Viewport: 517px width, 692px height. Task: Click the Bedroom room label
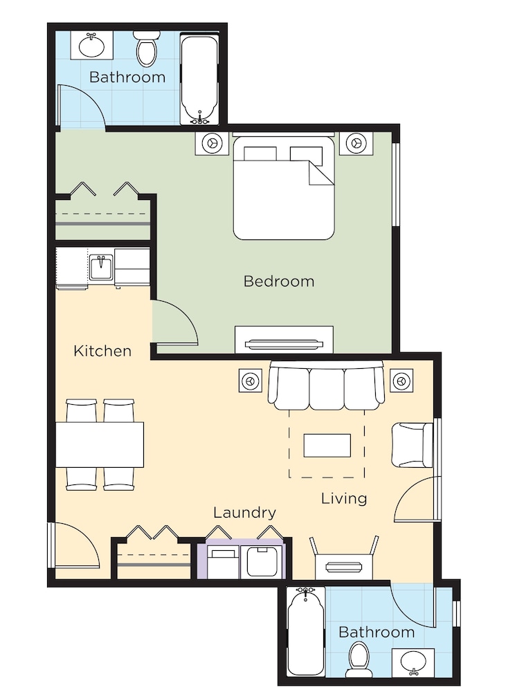point(279,282)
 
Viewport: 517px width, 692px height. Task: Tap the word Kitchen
point(102,351)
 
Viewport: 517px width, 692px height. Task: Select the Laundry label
point(244,513)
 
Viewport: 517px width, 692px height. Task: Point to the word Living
point(344,498)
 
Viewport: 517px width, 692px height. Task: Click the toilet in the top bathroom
point(146,50)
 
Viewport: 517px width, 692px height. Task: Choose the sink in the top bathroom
point(91,46)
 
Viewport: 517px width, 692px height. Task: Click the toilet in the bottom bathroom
point(359,657)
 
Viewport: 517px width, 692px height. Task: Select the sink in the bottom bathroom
point(413,661)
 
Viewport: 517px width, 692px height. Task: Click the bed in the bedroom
point(284,189)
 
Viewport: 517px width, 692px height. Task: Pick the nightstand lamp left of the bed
point(212,143)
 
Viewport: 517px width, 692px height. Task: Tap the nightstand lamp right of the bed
point(357,143)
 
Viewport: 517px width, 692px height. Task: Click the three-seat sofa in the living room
point(326,387)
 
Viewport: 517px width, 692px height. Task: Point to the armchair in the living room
point(412,445)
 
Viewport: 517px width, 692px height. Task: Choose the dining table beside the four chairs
point(100,444)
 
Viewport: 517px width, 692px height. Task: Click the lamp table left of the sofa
point(250,380)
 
